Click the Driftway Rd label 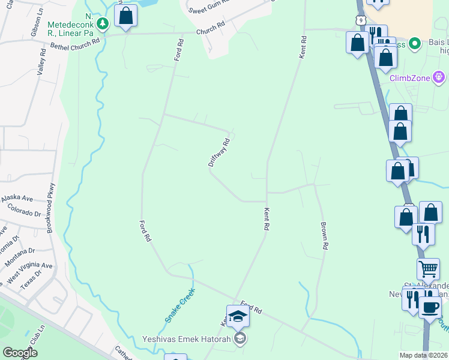coord(219,152)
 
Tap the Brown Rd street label coord(324,236)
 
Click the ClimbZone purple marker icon coord(439,77)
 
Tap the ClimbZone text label coord(410,77)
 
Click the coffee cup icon coord(429,307)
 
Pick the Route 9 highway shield coord(360,20)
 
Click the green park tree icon coord(103,23)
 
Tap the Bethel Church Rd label coord(75,44)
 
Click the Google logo coord(20,353)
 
